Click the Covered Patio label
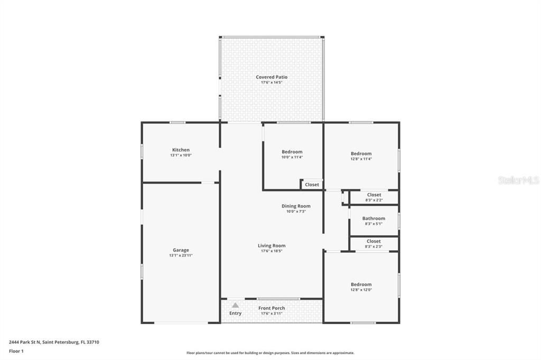pos(272,77)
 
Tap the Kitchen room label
pos(181,150)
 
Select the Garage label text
pos(181,250)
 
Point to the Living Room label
pos(272,245)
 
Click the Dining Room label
pos(296,206)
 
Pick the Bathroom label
pos(374,219)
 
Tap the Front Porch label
pos(272,308)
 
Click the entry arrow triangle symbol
pos(235,305)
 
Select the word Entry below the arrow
pos(235,313)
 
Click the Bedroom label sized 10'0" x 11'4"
pos(292,152)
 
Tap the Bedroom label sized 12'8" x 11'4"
pos(361,154)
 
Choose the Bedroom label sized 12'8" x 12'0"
pos(361,285)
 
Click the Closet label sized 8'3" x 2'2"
pos(374,195)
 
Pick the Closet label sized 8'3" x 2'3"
pos(374,241)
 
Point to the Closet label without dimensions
pos(312,185)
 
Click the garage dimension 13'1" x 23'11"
pos(181,255)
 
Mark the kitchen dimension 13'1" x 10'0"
pos(181,156)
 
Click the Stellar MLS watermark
pos(518,181)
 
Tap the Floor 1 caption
pos(16,351)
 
